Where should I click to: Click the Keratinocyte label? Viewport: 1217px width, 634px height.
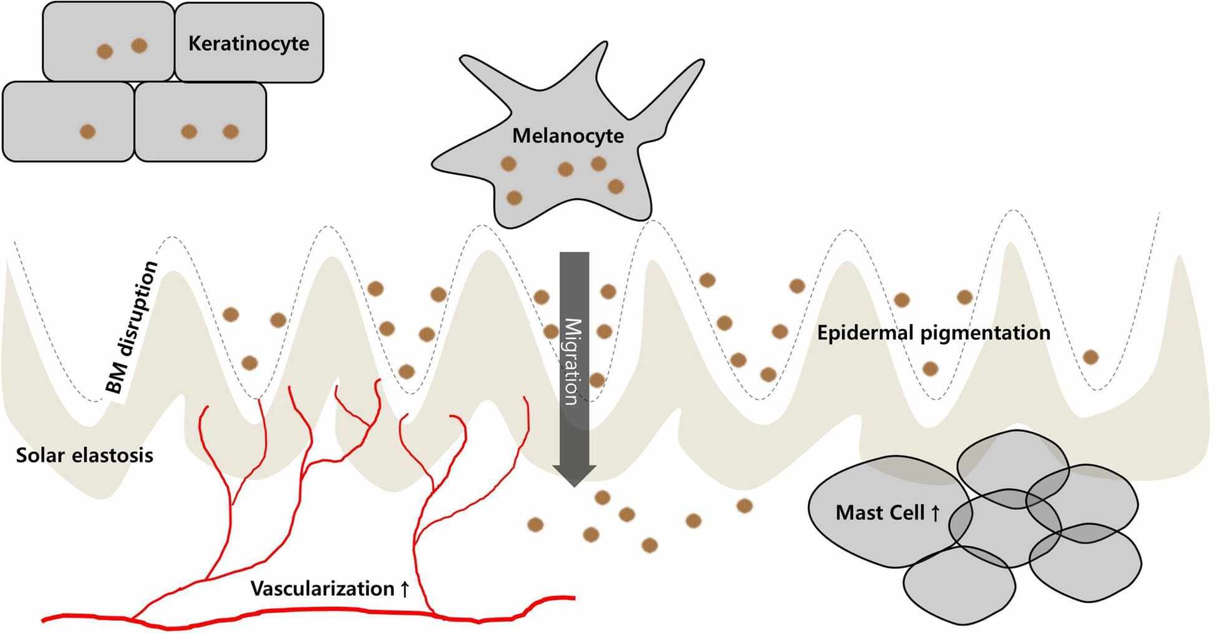(x=249, y=44)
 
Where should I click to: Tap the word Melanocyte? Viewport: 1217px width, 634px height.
(x=568, y=135)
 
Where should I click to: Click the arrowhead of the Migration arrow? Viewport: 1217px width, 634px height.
(x=575, y=476)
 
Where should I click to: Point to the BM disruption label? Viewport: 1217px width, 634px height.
(x=132, y=328)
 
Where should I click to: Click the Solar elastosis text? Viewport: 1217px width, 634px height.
(x=85, y=455)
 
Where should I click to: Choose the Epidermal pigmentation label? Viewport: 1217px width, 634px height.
(x=934, y=333)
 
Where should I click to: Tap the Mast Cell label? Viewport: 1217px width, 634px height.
(x=888, y=512)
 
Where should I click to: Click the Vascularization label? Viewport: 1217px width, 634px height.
(x=330, y=588)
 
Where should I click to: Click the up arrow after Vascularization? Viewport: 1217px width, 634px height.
(x=404, y=588)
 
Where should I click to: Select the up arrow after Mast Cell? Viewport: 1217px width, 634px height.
(x=934, y=513)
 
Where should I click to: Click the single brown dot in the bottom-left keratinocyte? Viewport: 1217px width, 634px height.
(x=88, y=132)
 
